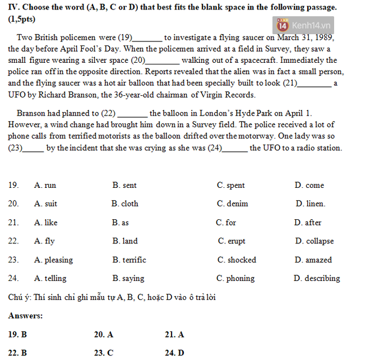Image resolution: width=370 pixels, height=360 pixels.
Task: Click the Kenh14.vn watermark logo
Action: point(303,25)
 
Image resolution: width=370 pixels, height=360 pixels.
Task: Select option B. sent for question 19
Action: point(124,185)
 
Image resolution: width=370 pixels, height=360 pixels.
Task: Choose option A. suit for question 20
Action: point(45,204)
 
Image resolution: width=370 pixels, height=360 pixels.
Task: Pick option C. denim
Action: point(232,204)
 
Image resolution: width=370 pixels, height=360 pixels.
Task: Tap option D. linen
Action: point(310,204)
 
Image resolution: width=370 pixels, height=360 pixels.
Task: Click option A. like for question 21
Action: point(45,223)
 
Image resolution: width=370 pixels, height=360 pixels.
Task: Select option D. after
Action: point(308,223)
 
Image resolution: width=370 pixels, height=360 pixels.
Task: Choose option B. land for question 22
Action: point(124,241)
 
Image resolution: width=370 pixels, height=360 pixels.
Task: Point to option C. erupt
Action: point(232,241)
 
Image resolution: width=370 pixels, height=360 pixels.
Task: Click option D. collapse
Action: point(314,241)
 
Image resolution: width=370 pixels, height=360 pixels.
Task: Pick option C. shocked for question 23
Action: point(237,260)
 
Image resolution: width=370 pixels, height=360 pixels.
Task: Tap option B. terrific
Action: point(129,260)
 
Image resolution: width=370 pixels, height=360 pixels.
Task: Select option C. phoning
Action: point(235,278)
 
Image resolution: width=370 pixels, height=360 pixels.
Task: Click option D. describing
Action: point(317,278)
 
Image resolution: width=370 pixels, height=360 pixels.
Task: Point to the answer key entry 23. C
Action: point(103,353)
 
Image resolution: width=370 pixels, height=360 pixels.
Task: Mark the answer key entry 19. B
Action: point(17,335)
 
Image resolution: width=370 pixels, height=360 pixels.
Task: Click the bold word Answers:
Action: point(25,316)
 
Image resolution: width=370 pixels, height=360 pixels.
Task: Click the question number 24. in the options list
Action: point(13,278)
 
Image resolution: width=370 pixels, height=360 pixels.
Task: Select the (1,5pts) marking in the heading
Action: point(21,18)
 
